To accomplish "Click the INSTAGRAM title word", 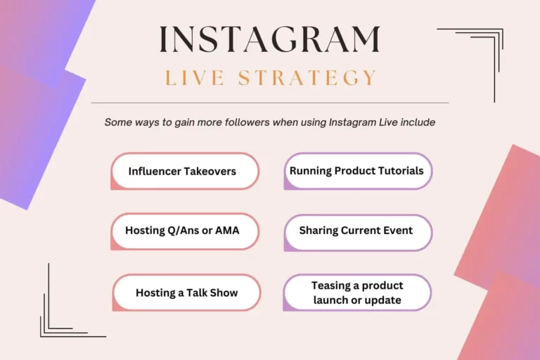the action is coord(270,39).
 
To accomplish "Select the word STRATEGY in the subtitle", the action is coord(307,77).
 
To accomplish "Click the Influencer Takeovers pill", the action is coord(185,172).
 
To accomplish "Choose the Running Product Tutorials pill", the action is coord(358,172).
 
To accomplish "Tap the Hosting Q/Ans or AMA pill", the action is coord(185,231).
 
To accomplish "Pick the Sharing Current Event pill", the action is coord(358,233).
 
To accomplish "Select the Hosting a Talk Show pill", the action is coord(186,292).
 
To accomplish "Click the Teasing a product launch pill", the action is coord(357,292).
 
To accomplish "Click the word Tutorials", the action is coord(401,171).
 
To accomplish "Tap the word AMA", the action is coord(227,230).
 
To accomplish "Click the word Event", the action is coord(398,230).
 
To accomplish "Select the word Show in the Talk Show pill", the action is coord(224,292).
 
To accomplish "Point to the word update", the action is coord(382,300).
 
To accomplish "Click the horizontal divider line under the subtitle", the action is coord(270,103).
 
